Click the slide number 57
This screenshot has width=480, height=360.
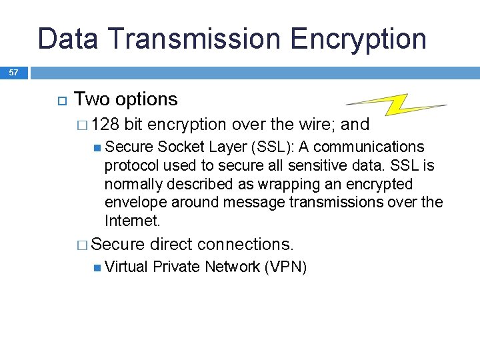point(13,73)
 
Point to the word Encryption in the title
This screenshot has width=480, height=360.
point(361,39)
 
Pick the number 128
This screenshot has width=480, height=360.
point(105,125)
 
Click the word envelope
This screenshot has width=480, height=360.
point(136,202)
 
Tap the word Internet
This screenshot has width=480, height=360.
point(132,221)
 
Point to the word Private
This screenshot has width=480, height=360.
point(177,267)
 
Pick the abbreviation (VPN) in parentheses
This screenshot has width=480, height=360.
point(285,267)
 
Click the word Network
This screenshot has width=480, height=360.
point(233,267)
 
